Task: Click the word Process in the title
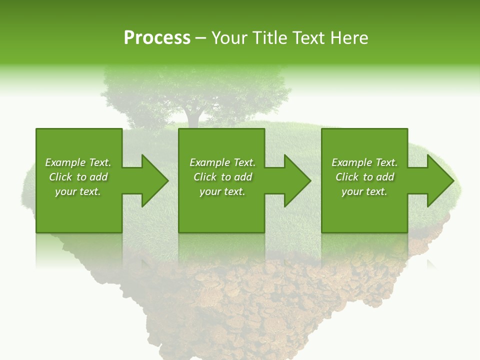pos(157,38)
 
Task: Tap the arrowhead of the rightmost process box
pos(439,180)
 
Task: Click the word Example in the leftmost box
pos(65,162)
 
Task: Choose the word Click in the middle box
pos(205,177)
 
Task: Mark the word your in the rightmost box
pos(352,191)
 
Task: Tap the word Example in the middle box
pos(209,162)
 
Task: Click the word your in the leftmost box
pos(65,191)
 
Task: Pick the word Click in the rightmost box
pos(347,177)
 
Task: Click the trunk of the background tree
pos(193,117)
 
